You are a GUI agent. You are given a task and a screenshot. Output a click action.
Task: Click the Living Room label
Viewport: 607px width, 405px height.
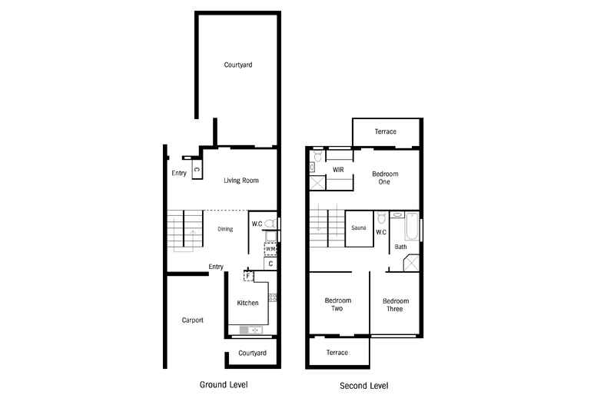click(x=240, y=181)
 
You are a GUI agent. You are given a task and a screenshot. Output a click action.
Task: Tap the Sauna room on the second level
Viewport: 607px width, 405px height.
click(x=359, y=228)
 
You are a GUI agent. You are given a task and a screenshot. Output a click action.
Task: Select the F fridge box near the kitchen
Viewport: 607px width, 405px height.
click(x=248, y=276)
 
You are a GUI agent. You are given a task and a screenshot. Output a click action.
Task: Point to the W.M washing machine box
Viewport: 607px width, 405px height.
click(x=270, y=249)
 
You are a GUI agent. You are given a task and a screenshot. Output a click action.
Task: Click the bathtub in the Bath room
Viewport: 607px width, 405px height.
click(x=412, y=227)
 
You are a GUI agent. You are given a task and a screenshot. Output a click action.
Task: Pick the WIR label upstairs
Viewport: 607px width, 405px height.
click(x=338, y=170)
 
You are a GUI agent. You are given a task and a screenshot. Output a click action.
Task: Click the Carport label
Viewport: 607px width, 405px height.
click(x=192, y=320)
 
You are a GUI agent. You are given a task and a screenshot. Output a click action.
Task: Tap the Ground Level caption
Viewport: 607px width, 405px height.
click(x=224, y=384)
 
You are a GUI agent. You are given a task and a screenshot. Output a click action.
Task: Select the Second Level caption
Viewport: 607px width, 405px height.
click(x=364, y=386)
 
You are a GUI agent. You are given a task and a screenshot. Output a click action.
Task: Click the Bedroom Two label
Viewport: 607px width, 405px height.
click(x=338, y=304)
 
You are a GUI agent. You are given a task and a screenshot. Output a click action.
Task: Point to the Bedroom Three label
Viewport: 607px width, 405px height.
click(x=396, y=305)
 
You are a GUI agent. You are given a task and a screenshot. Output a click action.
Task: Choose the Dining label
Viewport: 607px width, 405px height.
click(x=225, y=229)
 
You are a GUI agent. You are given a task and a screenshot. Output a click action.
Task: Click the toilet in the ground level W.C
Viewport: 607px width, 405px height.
click(x=270, y=224)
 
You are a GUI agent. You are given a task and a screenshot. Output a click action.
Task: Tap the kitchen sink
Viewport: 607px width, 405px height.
click(x=250, y=330)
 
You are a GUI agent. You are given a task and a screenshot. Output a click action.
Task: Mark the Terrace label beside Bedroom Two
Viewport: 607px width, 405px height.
click(x=337, y=353)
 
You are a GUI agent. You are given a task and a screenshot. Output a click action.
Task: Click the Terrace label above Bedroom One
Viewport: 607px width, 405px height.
click(x=386, y=131)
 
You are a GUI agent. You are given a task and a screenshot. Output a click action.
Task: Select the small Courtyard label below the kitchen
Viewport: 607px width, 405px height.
click(x=252, y=353)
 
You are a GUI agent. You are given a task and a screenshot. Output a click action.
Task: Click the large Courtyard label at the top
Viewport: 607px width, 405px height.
click(x=238, y=65)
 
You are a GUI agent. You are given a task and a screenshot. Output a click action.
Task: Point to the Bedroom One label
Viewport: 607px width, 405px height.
click(x=385, y=178)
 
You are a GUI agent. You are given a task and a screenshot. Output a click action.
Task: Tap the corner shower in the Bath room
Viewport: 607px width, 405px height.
click(x=411, y=263)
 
